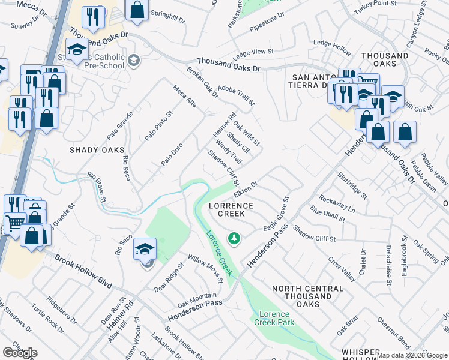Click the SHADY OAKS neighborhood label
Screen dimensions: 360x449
tap(97, 150)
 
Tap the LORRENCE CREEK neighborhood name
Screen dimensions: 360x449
tap(231, 209)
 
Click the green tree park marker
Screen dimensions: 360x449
tap(234, 239)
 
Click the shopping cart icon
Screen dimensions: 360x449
tap(15, 223)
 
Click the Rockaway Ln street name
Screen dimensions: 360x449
tap(337, 204)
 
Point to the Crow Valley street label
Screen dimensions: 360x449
tap(341, 270)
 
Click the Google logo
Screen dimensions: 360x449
tap(20, 353)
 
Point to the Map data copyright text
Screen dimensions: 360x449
tap(412, 355)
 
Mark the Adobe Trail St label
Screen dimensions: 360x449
tap(236, 94)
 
